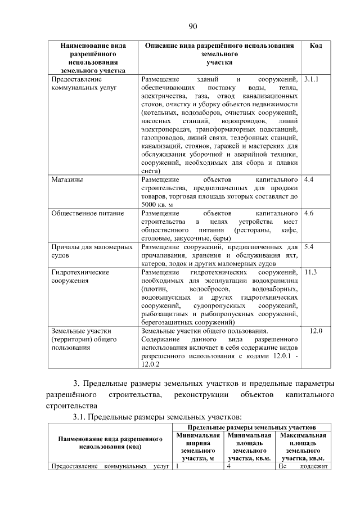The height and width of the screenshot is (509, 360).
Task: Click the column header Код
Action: point(316,45)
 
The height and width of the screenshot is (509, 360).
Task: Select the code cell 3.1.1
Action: point(311,79)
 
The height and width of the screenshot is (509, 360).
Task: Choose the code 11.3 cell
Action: point(310,272)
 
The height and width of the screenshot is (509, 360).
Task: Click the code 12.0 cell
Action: point(316,330)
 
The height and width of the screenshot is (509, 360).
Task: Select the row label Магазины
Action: point(67,180)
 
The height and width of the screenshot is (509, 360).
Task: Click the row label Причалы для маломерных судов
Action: point(92,251)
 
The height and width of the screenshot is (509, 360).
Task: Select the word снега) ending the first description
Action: point(151,171)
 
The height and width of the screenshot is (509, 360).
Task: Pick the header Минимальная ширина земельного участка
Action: point(197,447)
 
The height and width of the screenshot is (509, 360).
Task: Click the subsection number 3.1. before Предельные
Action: point(80,417)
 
